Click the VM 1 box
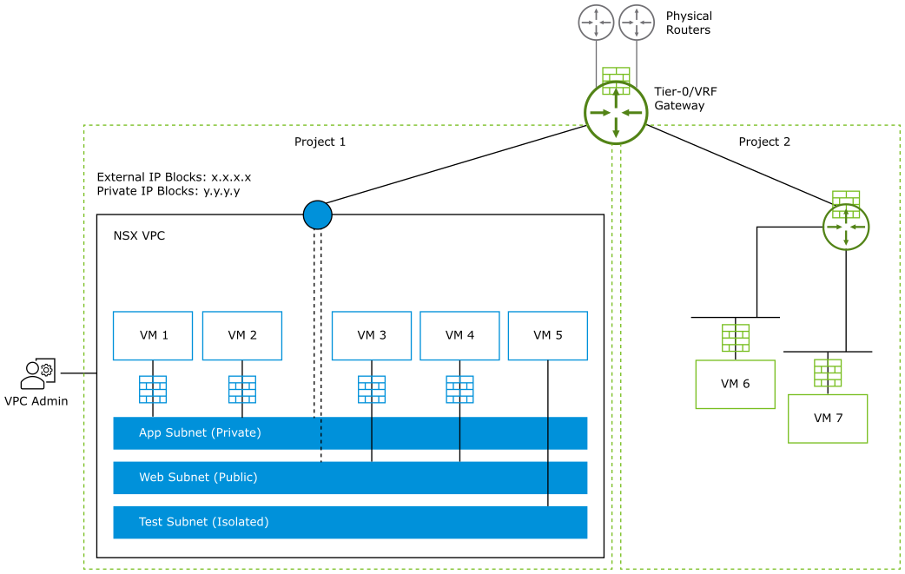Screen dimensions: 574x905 (x=153, y=335)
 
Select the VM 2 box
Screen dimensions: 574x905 (x=241, y=335)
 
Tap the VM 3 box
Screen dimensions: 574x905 (x=371, y=335)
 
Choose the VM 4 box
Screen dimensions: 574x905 (x=459, y=335)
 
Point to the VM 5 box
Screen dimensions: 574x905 (x=547, y=335)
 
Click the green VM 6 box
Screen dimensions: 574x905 (x=735, y=384)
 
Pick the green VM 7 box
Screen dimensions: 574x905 (x=828, y=418)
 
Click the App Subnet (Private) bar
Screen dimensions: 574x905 (x=350, y=432)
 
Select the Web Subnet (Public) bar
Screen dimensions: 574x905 (x=350, y=478)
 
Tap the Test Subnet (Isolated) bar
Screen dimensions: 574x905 (x=350, y=522)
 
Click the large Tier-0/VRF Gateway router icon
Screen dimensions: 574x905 (x=616, y=113)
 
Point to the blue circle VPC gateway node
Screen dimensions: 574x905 (x=318, y=214)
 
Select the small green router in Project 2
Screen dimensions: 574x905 (x=846, y=228)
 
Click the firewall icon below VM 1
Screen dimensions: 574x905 (x=153, y=389)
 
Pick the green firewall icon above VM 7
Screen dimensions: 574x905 (x=828, y=373)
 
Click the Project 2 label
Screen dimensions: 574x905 (x=764, y=142)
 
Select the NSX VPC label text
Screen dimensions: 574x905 (x=139, y=235)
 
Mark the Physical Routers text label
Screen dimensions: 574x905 (x=689, y=23)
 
